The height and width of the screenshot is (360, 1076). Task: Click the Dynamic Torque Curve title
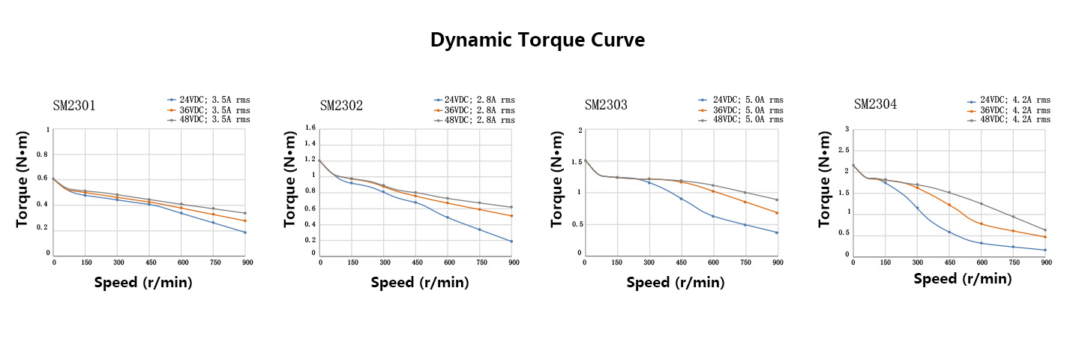point(537,40)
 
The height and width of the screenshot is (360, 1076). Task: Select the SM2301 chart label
point(74,106)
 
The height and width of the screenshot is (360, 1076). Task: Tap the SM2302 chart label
point(341,106)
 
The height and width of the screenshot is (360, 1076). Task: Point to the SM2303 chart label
point(606,105)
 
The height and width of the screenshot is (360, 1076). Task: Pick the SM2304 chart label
point(875,104)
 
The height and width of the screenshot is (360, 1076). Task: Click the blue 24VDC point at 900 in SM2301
point(245,232)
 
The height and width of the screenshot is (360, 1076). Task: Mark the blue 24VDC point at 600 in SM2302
point(448,217)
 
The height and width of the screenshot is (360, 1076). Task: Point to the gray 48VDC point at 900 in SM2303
point(778,199)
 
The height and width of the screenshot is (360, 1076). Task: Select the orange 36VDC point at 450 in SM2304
point(949,205)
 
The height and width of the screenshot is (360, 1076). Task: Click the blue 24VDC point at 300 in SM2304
point(917,208)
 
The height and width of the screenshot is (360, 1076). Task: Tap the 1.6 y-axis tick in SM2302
point(309,128)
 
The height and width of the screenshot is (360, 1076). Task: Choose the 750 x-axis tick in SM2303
point(745,262)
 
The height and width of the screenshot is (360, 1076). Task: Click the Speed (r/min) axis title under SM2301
point(143,283)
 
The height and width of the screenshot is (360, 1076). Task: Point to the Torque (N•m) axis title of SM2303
point(556,180)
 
